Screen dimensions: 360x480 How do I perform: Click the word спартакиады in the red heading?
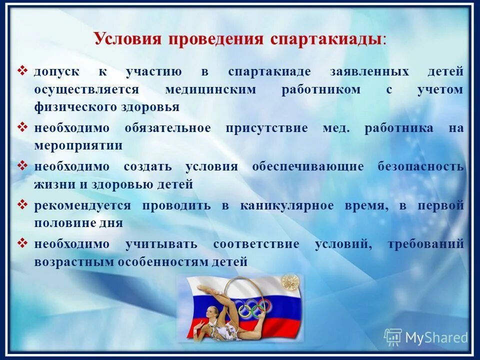click(x=334, y=39)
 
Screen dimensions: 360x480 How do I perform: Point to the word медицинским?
click(x=210, y=89)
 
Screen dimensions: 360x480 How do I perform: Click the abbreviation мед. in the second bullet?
click(x=336, y=128)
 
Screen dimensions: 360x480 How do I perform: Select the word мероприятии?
click(x=78, y=146)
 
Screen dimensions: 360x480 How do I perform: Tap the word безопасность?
click(x=421, y=166)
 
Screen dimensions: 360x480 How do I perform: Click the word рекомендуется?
click(x=82, y=205)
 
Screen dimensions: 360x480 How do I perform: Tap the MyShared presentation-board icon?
click(x=393, y=337)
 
